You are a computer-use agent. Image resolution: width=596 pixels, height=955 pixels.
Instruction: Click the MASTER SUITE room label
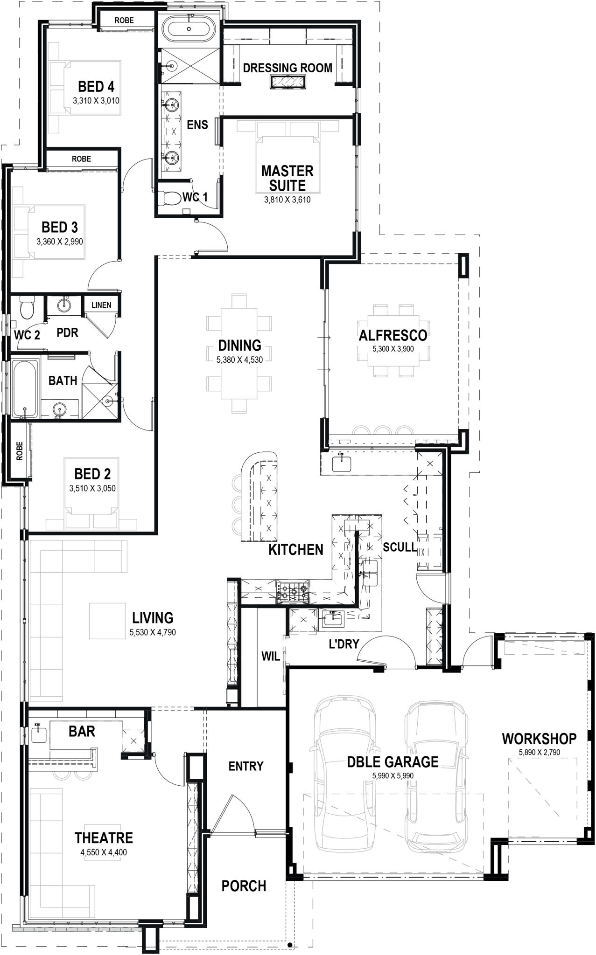coord(287,178)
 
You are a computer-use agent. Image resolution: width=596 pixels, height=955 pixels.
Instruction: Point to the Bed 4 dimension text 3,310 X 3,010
coord(96,100)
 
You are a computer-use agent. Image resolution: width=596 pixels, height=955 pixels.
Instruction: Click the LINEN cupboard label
coord(101,305)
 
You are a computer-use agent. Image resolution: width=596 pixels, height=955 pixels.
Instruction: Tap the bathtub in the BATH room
coord(24,388)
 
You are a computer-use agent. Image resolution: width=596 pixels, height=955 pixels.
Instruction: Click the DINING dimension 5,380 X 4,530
coord(239,360)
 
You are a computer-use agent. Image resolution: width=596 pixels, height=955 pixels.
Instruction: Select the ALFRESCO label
coord(393,335)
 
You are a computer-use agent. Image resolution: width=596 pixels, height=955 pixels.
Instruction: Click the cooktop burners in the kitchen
coord(293,592)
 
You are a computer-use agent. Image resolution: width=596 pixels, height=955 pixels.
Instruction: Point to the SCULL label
coord(400,547)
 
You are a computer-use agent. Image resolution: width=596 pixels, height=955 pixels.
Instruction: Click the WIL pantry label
coord(270,656)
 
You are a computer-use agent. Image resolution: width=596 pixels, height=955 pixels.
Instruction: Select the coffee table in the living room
coord(107,621)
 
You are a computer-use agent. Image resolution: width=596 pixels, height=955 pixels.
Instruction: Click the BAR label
coord(82,731)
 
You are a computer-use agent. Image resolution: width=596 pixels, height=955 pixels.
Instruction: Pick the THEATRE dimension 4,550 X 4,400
coord(104,852)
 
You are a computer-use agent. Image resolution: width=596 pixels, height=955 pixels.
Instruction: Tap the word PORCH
coord(244,886)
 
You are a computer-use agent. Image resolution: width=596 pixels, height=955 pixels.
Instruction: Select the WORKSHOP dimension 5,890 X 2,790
coord(539,752)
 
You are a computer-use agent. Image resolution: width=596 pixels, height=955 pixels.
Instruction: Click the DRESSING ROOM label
coord(287,68)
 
